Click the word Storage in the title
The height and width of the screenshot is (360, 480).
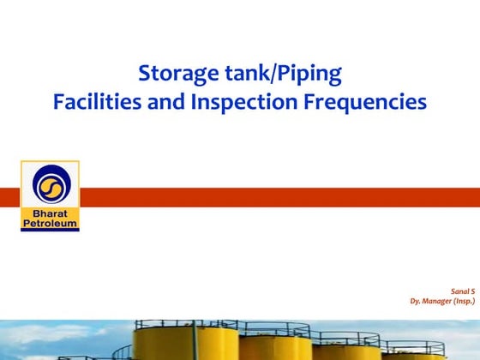(177, 74)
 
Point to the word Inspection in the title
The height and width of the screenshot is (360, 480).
(244, 103)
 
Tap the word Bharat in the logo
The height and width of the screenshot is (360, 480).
(50, 213)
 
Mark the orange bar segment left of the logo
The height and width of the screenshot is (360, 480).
(9, 197)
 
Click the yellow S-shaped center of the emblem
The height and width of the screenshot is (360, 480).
(50, 185)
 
